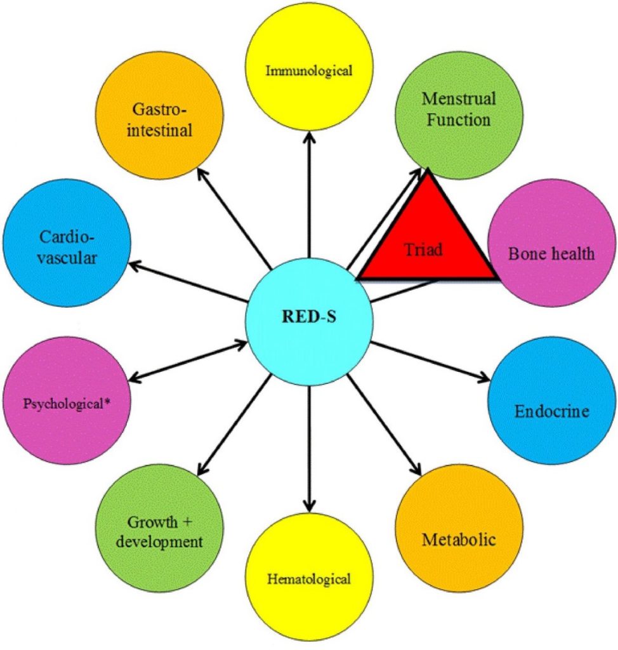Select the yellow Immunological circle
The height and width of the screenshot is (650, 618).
point(308,69)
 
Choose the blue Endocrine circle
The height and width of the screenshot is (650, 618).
point(551,411)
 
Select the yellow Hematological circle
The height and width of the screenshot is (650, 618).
point(308,578)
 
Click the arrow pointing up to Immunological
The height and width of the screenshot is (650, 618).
point(308,203)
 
